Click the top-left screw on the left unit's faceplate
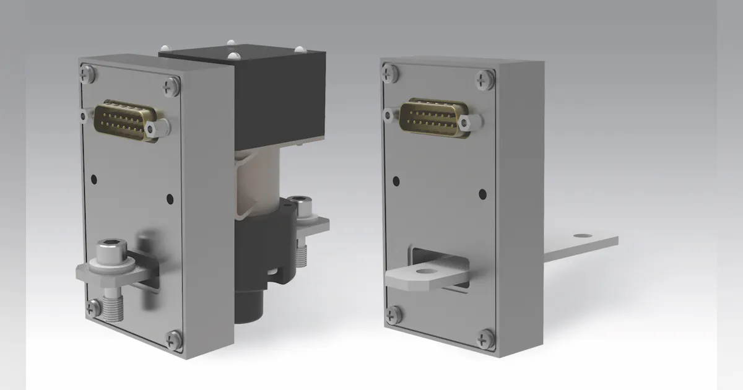pos(88,74)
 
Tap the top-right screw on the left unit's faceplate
pos(170,87)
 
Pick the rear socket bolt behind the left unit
pos(302,205)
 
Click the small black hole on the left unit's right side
pos(170,199)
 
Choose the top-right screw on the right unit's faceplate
pos(484,79)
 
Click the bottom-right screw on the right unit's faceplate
pos(485,338)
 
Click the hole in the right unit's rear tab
pos(581,236)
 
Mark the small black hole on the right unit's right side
pos(482,194)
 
